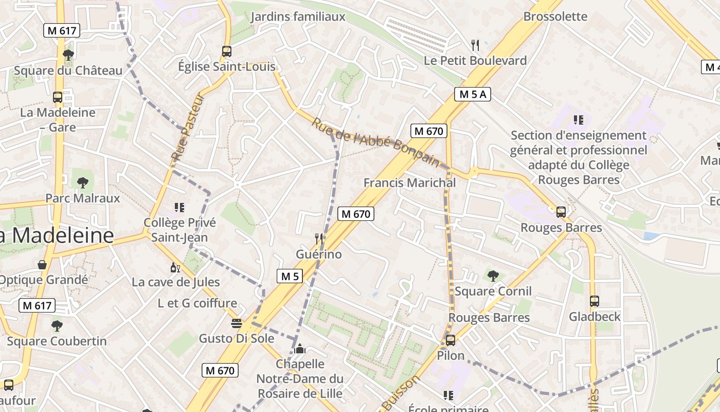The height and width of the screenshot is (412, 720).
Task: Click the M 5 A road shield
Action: (473, 94)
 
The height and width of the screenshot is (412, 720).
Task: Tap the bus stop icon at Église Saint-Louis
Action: (227, 51)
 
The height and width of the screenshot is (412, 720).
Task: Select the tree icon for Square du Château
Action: (68, 55)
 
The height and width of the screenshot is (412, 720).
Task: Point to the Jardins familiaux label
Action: (298, 17)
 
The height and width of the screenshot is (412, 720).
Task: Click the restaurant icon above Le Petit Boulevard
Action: (475, 45)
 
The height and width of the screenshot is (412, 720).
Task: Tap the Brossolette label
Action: (555, 16)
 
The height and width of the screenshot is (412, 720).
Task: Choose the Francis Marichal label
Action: (409, 183)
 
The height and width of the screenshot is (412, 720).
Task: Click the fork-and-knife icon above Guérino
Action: (319, 238)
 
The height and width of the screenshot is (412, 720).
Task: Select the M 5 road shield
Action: (290, 276)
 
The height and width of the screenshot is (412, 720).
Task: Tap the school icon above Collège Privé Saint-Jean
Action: (179, 208)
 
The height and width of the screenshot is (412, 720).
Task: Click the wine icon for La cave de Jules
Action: (175, 267)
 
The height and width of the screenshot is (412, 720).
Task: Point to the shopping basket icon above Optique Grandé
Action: (42, 265)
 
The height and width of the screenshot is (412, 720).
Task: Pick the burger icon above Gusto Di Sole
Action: (237, 323)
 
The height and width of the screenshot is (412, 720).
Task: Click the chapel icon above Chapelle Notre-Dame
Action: (300, 349)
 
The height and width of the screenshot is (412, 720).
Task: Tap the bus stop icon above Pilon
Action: (451, 340)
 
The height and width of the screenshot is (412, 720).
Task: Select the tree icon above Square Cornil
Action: (493, 276)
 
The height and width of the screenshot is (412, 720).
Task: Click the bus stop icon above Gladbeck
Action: (595, 301)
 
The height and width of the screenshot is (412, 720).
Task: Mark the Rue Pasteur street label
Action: (188, 127)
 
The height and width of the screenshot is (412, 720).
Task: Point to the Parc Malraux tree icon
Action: (82, 182)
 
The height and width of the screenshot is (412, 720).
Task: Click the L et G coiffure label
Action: (197, 303)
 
